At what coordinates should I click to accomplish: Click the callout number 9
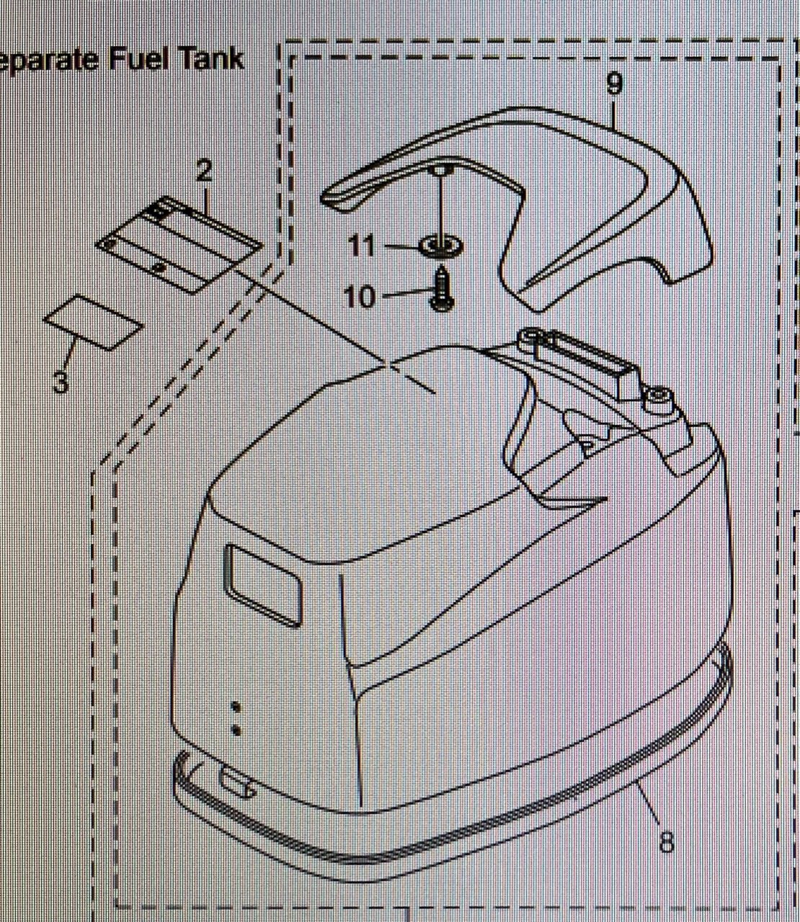[x=614, y=84]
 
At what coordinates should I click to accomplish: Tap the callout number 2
[x=204, y=170]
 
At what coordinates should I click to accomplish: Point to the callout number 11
[x=362, y=245]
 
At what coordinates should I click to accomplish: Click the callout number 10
[x=360, y=297]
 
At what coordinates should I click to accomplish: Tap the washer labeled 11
[x=440, y=246]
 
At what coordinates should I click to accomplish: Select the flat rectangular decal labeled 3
[x=94, y=323]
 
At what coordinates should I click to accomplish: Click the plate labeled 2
[x=179, y=245]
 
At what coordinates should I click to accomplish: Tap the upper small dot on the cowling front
[x=236, y=707]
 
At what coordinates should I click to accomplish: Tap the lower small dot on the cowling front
[x=236, y=731]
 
